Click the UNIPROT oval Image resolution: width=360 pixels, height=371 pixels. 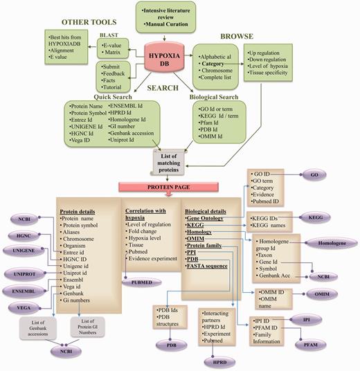click(x=25, y=273)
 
